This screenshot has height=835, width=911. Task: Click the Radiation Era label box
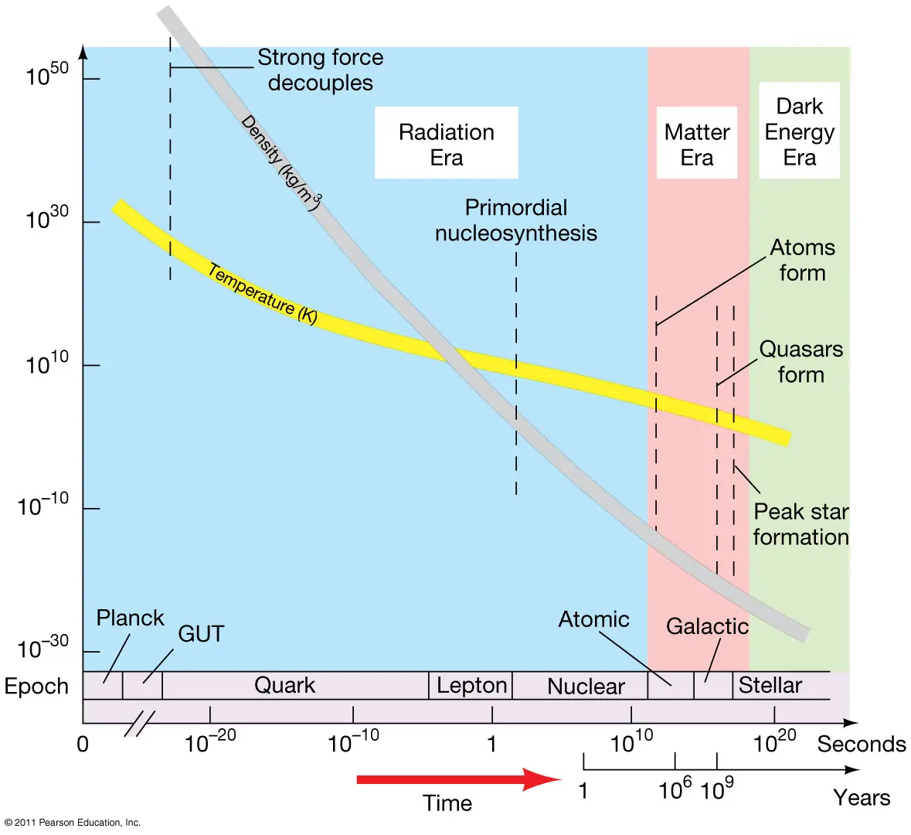click(x=446, y=144)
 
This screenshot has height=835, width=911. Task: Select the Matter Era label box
click(x=697, y=144)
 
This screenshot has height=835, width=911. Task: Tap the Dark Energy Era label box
click(x=799, y=131)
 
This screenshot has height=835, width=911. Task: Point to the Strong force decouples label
click(x=320, y=70)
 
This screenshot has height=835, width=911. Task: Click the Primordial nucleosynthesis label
click(x=516, y=220)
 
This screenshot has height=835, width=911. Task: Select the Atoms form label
click(x=802, y=260)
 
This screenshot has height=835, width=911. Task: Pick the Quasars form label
click(x=801, y=361)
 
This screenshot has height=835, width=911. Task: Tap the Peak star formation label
click(x=801, y=524)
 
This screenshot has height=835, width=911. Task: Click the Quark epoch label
click(x=284, y=685)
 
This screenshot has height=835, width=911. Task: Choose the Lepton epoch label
click(x=471, y=685)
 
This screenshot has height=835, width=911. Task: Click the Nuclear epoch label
click(x=586, y=687)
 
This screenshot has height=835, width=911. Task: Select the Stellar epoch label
click(x=770, y=685)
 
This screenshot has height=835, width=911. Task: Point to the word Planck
click(x=130, y=618)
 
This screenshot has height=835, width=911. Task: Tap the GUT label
click(x=201, y=634)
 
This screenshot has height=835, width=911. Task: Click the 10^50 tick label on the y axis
click(x=47, y=74)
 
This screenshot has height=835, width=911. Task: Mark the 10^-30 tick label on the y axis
click(x=43, y=647)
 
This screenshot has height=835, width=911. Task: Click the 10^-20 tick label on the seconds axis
click(x=210, y=742)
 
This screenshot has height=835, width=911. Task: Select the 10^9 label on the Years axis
click(x=716, y=789)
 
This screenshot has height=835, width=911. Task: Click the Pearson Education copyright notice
click(x=73, y=823)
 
